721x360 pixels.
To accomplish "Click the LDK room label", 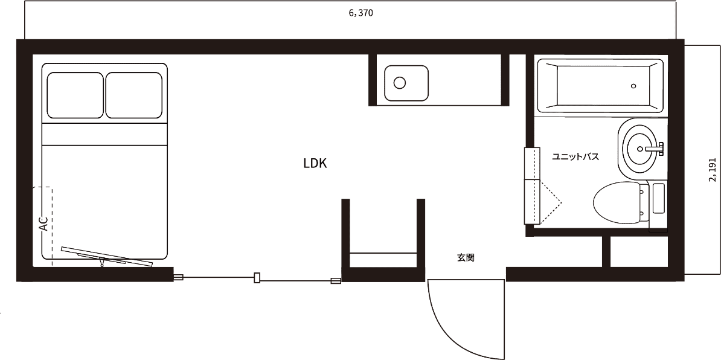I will pos(315,163).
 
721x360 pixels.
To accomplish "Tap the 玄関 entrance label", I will pos(466,258).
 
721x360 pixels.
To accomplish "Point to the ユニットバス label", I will pos(575,157).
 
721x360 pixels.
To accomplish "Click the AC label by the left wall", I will pos(43,224).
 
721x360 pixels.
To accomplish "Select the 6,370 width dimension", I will pos(361,13).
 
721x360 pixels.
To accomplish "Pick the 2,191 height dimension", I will pos(712,170).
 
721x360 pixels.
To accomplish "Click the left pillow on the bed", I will pos(75,95).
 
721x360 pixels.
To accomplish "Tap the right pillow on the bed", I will pos(134,95).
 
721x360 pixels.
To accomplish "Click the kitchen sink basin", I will pos(406,83).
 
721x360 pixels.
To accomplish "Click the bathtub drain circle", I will pos(633,86).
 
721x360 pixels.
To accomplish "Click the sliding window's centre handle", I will pos(257,278).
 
